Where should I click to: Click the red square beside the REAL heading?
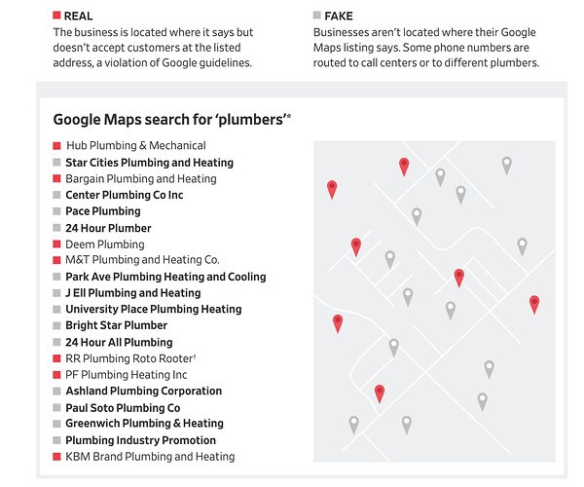point(56,16)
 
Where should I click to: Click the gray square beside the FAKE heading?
point(317,16)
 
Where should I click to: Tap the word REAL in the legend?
point(78,16)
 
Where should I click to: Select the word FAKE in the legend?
point(339,16)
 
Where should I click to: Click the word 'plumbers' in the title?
point(250,120)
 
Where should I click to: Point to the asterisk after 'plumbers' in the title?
point(289,116)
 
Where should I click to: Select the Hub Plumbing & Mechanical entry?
point(136,145)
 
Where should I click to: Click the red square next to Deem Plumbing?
point(56,244)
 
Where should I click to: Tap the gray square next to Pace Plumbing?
point(56,211)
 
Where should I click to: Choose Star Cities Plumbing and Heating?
point(149,163)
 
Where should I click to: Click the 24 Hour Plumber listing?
point(108,228)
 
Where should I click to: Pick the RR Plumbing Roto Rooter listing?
point(130,358)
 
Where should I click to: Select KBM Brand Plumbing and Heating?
point(150,457)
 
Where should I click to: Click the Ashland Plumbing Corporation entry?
point(144,391)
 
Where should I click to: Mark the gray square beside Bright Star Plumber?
point(56,325)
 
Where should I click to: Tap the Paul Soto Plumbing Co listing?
point(123,408)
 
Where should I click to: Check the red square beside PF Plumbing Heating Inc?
point(56,374)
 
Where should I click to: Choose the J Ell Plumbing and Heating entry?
point(133,293)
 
